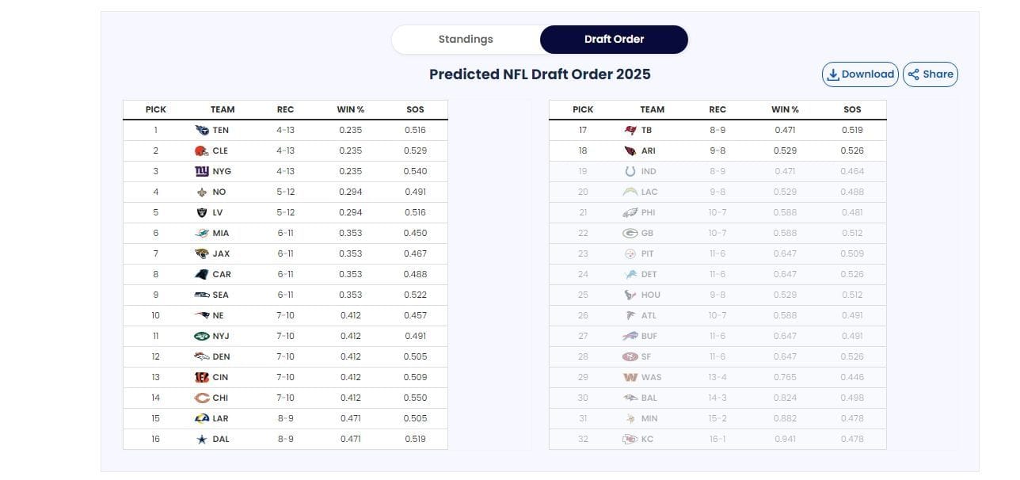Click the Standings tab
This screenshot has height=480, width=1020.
click(x=466, y=40)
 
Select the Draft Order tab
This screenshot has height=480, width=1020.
click(x=614, y=40)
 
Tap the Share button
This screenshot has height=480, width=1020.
click(x=931, y=74)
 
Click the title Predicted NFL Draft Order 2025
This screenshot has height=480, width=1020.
click(x=539, y=74)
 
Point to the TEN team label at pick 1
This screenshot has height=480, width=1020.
click(x=220, y=130)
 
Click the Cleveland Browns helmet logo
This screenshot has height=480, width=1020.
click(x=201, y=150)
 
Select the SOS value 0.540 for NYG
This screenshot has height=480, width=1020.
click(x=415, y=171)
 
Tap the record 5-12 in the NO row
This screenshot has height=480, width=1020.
click(x=285, y=192)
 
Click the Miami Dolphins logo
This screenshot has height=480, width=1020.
click(x=201, y=233)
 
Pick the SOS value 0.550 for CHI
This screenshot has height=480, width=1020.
click(x=415, y=398)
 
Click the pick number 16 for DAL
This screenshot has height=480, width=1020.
click(x=155, y=439)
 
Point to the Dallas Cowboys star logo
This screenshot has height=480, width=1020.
click(x=201, y=439)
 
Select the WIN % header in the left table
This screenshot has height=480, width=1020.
click(x=350, y=109)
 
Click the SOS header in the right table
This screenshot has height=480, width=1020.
click(x=852, y=109)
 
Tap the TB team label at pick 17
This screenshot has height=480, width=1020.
click(x=646, y=130)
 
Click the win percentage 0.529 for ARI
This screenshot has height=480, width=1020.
click(x=785, y=150)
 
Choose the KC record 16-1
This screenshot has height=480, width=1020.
click(x=717, y=439)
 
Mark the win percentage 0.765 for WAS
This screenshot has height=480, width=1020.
click(x=785, y=377)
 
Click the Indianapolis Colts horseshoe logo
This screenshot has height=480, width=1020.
click(x=630, y=171)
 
